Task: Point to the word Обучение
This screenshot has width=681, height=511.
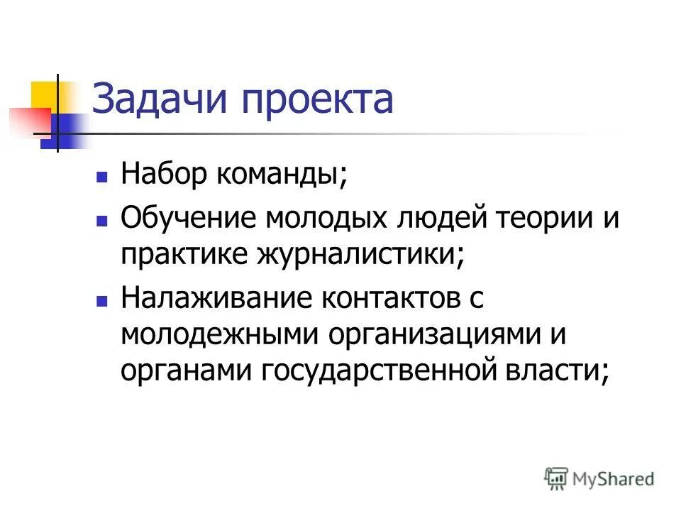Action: click(x=187, y=217)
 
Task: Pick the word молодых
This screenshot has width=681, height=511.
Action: click(x=324, y=217)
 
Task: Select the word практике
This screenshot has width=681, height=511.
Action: click(x=182, y=256)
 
